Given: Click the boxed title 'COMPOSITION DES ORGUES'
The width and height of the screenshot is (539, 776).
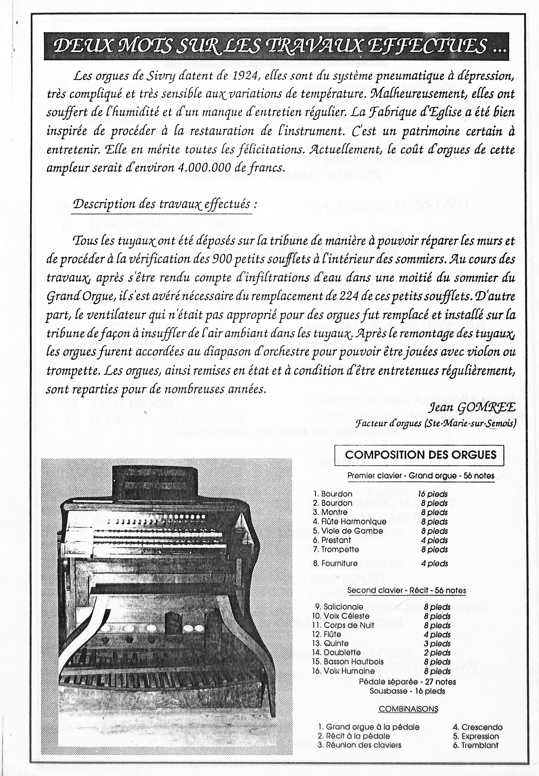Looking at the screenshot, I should click(420, 455).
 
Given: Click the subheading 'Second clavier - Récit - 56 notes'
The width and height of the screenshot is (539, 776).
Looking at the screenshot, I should click(407, 590).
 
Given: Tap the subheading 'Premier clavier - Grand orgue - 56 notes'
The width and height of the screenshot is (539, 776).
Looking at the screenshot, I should click(421, 476).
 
